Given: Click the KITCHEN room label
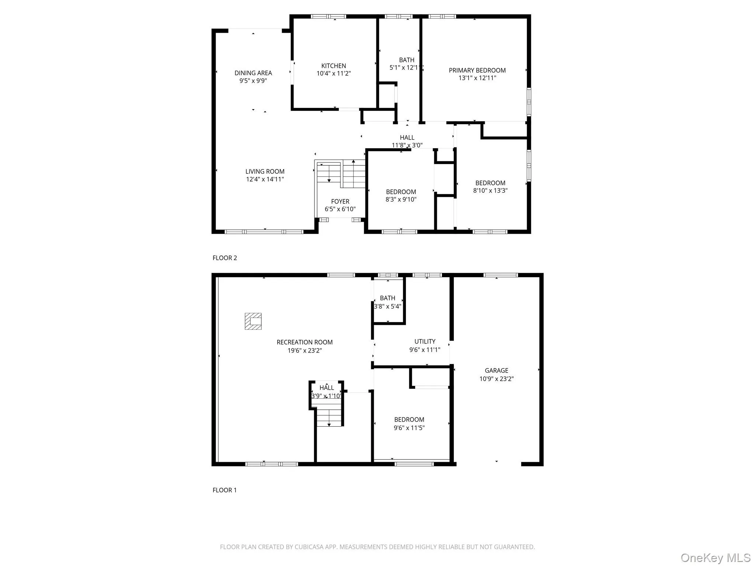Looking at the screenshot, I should coord(333,66).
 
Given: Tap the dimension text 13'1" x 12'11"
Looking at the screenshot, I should coord(477,78).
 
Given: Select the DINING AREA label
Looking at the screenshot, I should coord(253,73).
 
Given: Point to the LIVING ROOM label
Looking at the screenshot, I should coord(265,171).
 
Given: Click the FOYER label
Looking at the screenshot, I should coord(340,202).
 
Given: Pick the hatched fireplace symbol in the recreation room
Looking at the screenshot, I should coord(253,321).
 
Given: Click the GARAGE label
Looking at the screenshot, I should coord(496,370).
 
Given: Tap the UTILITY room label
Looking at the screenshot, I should coord(425,342).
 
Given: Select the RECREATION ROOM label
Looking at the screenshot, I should coord(305,342).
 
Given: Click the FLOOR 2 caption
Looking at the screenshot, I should coord(225,258).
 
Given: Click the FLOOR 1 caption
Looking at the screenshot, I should coord(225,490).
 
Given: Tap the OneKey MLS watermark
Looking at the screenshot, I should coord(715,558).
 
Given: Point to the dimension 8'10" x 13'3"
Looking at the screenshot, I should coord(490,191).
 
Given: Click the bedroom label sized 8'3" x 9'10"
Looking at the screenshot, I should coord(401,192).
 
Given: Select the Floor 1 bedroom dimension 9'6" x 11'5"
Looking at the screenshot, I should coord(409,428).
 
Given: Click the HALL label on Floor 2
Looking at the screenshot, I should coord(407,137).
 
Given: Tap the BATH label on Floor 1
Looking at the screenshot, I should coord(387,298).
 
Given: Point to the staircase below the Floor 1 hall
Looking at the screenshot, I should coord(329,415).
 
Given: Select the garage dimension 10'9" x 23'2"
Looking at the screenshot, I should coord(496,379).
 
